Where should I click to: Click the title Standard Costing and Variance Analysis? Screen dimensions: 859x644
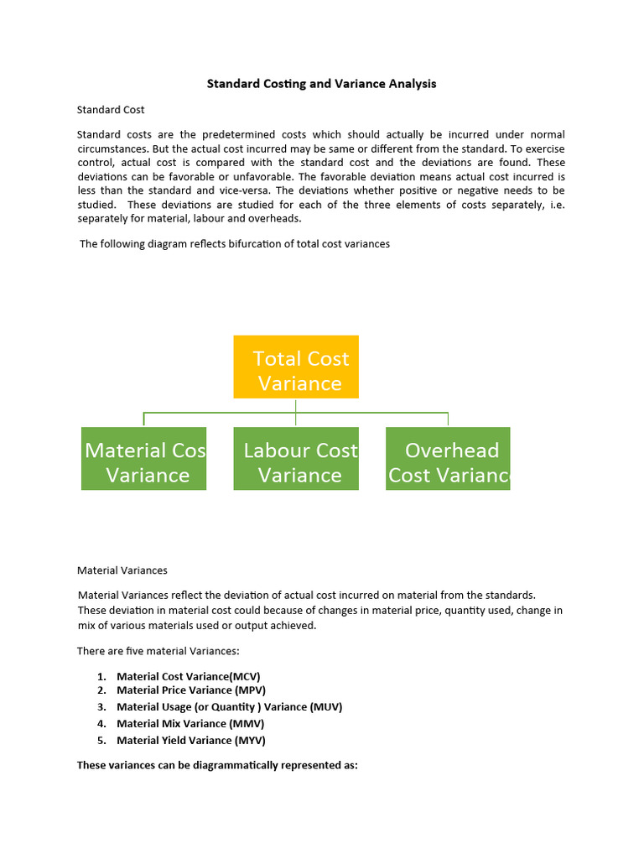[x=322, y=84]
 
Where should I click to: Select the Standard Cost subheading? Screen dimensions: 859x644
[x=111, y=110]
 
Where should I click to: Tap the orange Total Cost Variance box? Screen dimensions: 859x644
[x=296, y=367]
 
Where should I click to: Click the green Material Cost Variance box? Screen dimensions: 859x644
[x=143, y=459]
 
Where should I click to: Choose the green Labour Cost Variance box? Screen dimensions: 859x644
[x=296, y=459]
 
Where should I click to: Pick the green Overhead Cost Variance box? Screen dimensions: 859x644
[x=448, y=459]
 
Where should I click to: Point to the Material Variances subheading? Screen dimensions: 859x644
[x=122, y=570]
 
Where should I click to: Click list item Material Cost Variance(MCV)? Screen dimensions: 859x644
[x=194, y=676]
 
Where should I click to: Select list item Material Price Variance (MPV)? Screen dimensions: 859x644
[x=190, y=690]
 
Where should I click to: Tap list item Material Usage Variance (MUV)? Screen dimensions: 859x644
[x=229, y=707]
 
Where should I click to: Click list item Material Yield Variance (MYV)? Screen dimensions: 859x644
[x=190, y=741]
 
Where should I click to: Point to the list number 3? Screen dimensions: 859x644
[x=101, y=707]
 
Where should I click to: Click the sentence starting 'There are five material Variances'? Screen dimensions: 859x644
[x=158, y=651]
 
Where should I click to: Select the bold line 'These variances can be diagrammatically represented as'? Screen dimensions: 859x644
[x=217, y=765]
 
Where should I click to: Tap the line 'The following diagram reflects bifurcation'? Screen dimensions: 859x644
[x=235, y=244]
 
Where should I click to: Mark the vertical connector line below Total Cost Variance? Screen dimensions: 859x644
[x=296, y=405]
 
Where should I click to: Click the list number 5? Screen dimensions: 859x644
[x=101, y=741]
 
